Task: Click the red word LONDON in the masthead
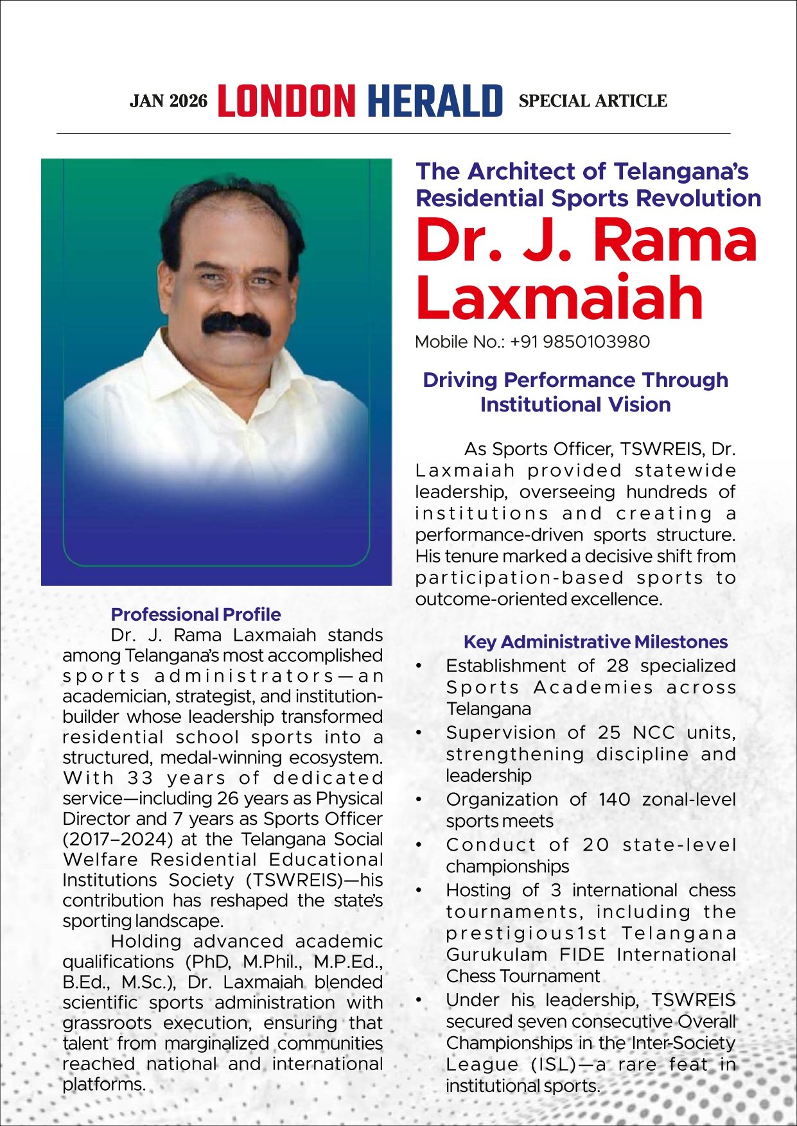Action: pos(286,101)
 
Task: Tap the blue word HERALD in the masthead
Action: pos(435,101)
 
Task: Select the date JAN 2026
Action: pos(168,101)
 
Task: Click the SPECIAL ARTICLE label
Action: pos(593,101)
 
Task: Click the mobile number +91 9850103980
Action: pos(580,342)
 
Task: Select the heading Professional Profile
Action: pos(196,614)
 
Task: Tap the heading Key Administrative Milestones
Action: pos(595,642)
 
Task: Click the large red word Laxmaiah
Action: pos(559,297)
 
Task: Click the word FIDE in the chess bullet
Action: pos(582,955)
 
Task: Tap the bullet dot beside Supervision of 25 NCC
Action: pos(419,732)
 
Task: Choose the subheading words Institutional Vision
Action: pos(575,405)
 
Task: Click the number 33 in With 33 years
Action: pos(140,778)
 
